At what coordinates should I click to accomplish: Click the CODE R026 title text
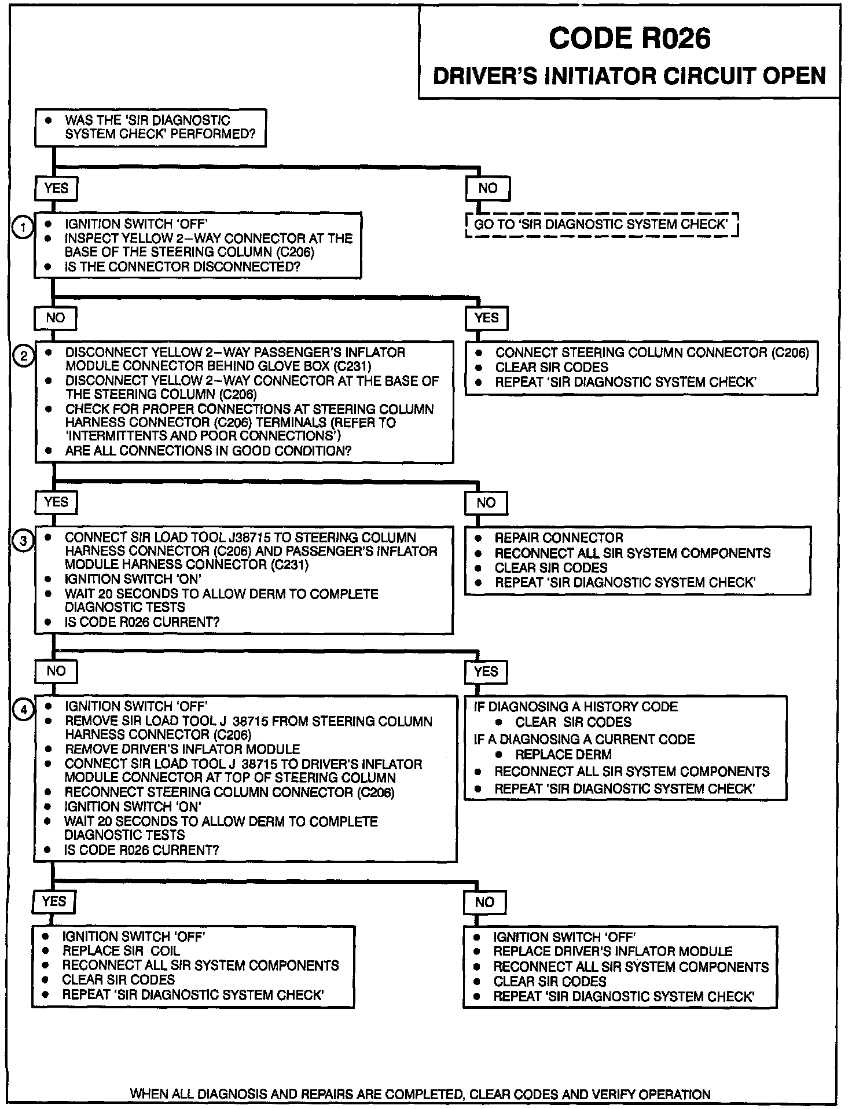pos(629,39)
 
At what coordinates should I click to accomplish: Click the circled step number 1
pos(23,227)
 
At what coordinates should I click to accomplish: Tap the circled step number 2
pos(23,356)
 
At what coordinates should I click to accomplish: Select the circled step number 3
pos(23,541)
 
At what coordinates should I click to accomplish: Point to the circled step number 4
pos(23,710)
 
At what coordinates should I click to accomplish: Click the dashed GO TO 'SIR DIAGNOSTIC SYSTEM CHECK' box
pos(602,225)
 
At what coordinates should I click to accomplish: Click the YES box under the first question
pos(56,188)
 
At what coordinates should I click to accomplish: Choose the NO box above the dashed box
pos(487,188)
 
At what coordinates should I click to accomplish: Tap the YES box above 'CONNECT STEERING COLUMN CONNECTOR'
pos(487,318)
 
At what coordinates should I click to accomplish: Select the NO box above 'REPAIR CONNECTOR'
pos(486,502)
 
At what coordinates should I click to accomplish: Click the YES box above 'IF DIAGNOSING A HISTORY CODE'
pos(486,671)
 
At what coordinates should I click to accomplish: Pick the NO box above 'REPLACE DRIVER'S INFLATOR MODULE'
pos(485,902)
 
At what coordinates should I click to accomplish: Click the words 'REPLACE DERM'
pos(563,755)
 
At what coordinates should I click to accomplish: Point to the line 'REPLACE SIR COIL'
pos(121,951)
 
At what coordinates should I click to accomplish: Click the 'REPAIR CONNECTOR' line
pos(559,538)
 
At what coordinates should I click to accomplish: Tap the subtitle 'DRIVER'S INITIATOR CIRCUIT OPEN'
pos(629,76)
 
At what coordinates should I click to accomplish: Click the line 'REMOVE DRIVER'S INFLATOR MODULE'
pos(182,749)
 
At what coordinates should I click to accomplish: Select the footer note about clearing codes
pos(420,1094)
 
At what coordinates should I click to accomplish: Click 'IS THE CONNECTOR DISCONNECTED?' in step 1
pos(182,267)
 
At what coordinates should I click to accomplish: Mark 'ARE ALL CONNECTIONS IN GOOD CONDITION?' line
pos(208,451)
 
